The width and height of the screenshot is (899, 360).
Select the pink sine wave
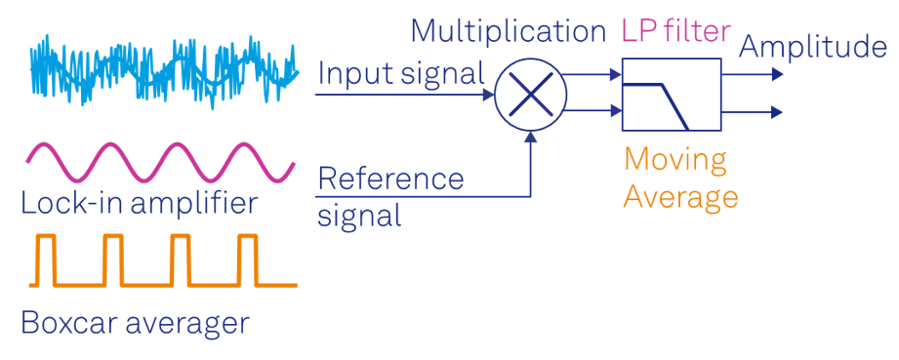tap(161, 162)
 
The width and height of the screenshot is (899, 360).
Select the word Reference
tap(390, 179)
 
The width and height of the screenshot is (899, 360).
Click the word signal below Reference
tap(359, 214)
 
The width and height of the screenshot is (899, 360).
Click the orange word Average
tap(680, 196)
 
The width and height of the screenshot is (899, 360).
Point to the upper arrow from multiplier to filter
tap(592, 71)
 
